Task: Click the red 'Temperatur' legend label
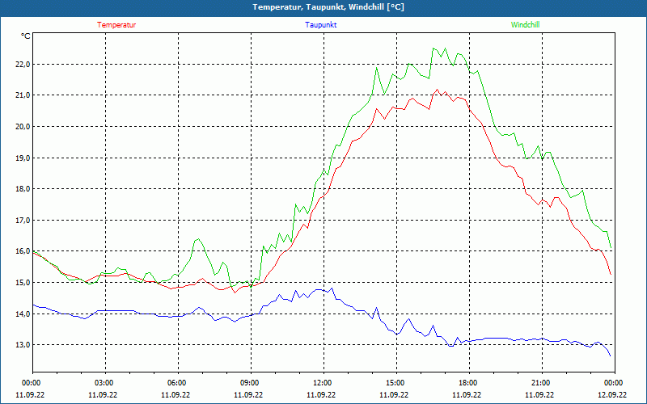[116, 25]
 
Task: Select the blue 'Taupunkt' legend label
[321, 25]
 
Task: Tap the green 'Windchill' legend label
[525, 25]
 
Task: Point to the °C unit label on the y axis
[26, 36]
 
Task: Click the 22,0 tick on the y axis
[21, 64]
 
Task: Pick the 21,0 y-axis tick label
[21, 95]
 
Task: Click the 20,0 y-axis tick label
[21, 127]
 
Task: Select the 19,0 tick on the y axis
[21, 158]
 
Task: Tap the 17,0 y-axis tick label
[21, 220]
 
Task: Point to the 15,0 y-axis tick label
[21, 283]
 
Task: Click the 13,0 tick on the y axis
[21, 345]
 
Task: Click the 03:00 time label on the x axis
[104, 383]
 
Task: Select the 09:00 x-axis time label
[250, 383]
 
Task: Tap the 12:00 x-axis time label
[322, 383]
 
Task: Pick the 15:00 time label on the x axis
[395, 383]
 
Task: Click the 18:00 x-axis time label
[467, 383]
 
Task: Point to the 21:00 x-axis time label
[540, 383]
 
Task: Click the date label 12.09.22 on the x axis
[613, 395]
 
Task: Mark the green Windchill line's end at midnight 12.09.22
[611, 248]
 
